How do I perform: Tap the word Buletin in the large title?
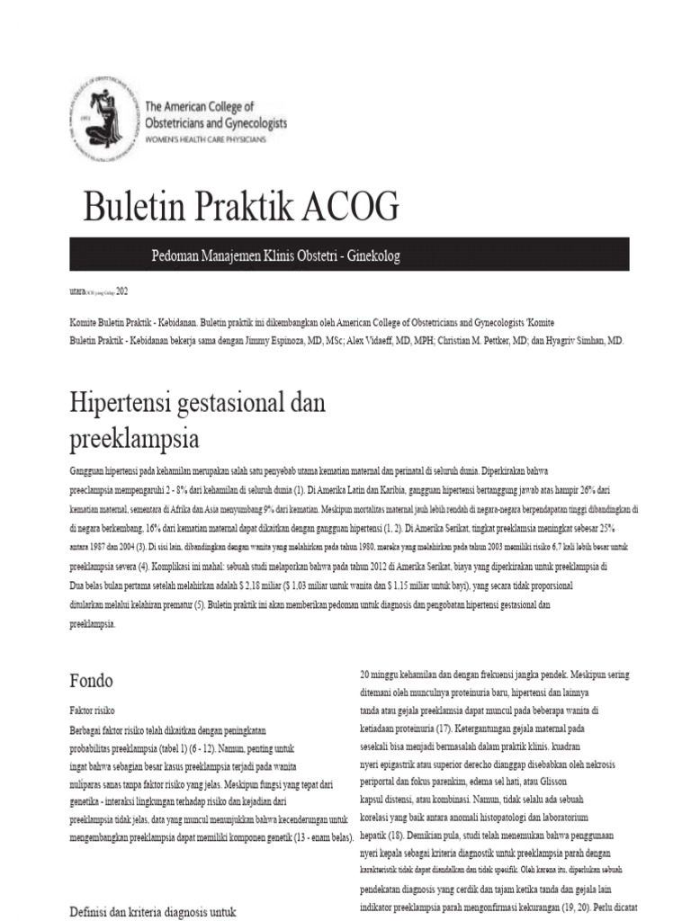click(x=136, y=208)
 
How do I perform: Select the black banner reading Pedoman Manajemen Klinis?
click(x=350, y=256)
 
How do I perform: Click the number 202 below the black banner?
click(x=121, y=291)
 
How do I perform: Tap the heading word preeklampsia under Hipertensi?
click(x=134, y=440)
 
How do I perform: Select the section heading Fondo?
click(x=93, y=681)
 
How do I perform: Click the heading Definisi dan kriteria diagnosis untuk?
click(x=153, y=911)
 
